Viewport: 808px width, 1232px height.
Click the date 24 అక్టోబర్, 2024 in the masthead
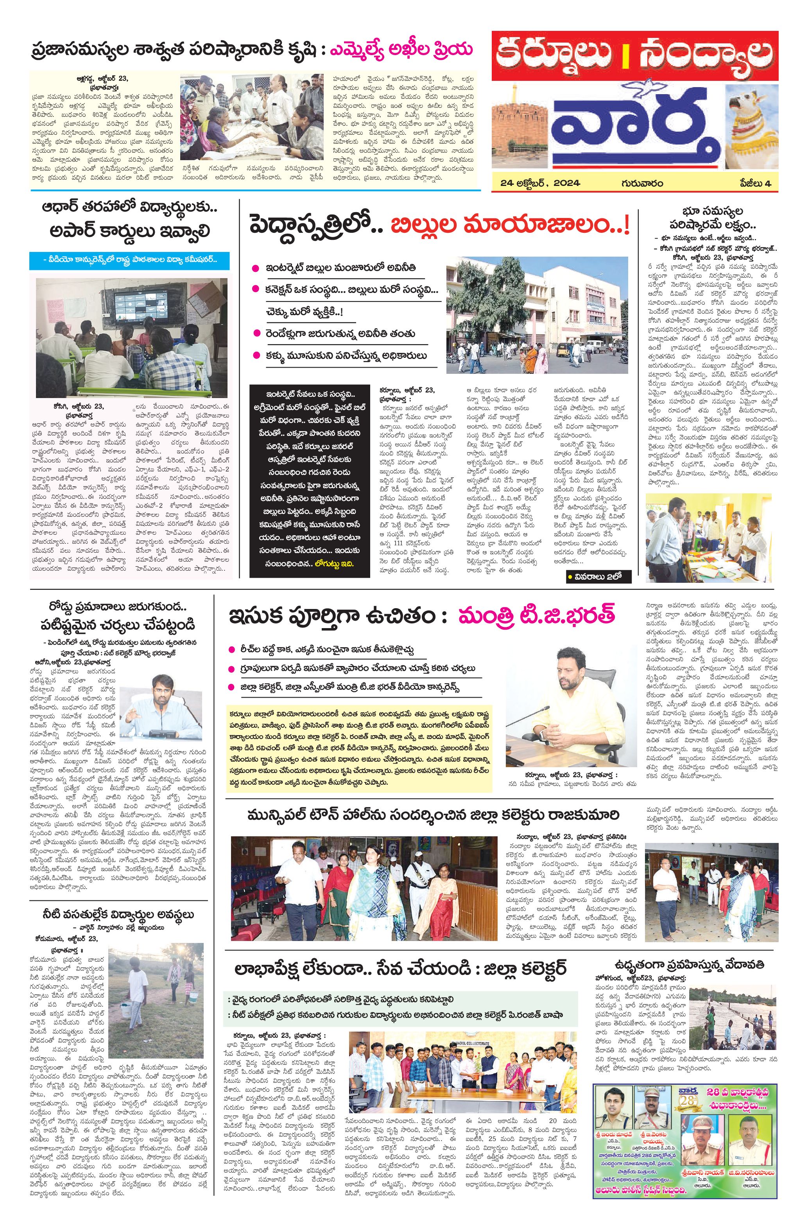[x=540, y=183]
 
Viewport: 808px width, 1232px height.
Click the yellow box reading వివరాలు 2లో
[x=593, y=576]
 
